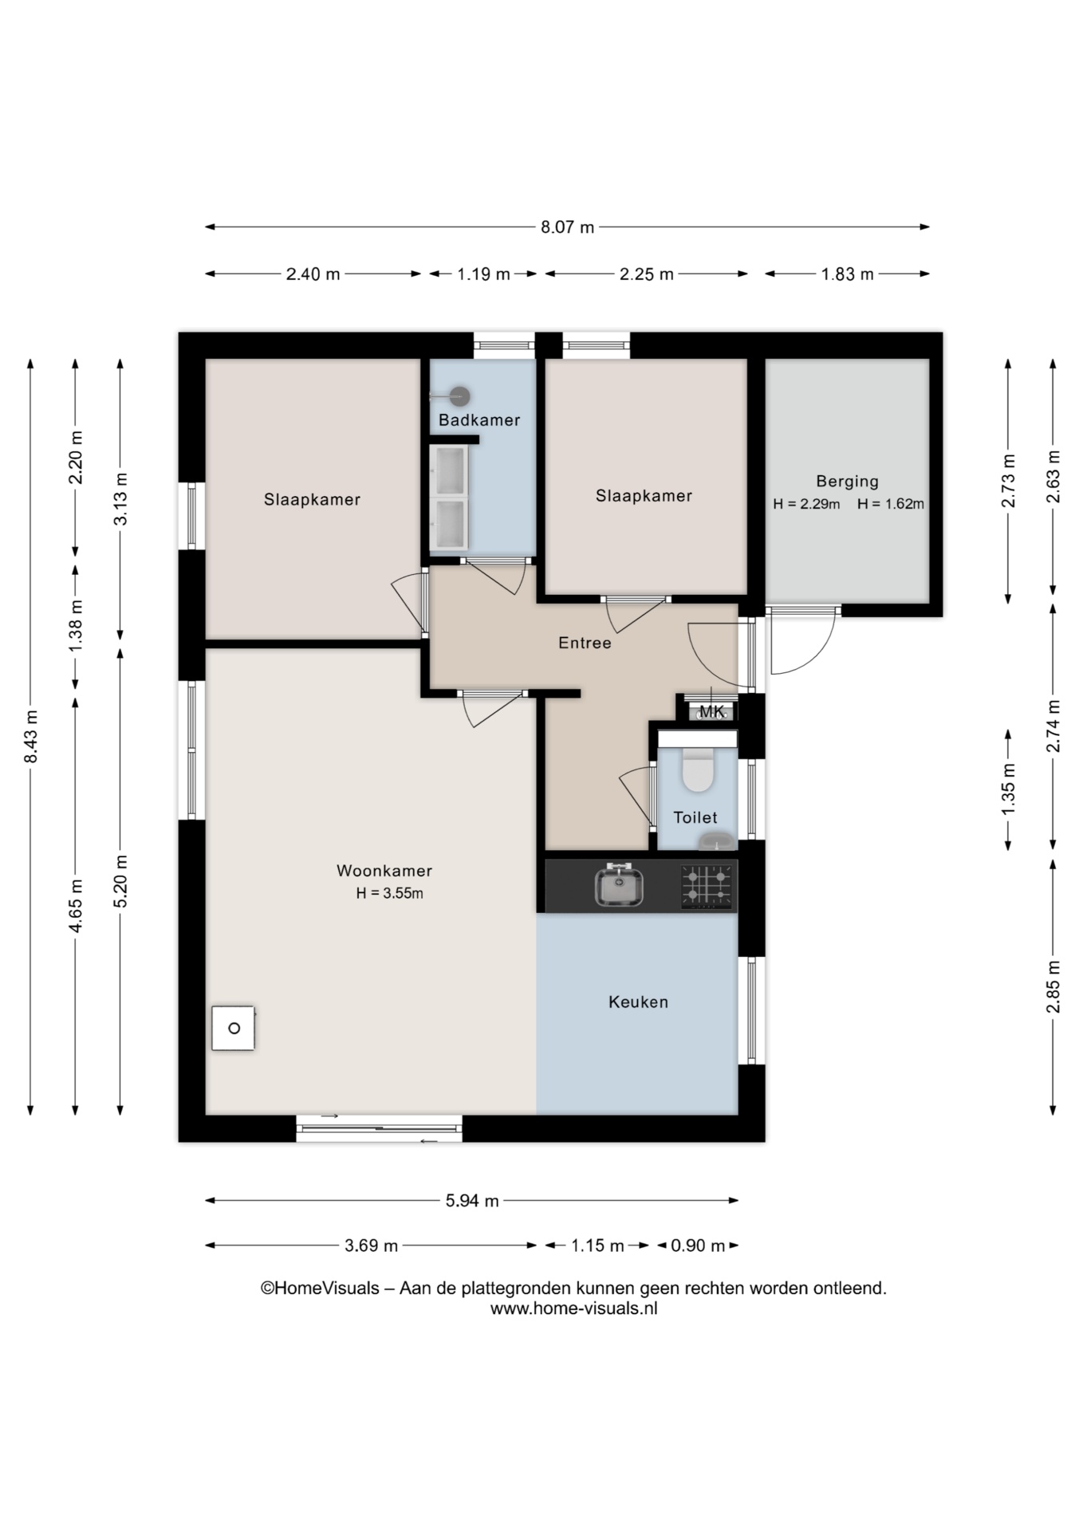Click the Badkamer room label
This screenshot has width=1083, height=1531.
478,419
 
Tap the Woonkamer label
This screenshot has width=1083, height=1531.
384,871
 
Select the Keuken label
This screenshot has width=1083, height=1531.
638,1002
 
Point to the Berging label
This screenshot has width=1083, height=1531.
847,482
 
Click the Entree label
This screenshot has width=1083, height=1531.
585,643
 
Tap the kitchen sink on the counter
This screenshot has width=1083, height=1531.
620,885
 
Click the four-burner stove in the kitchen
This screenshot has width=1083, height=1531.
707,887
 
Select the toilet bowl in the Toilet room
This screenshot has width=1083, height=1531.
698,769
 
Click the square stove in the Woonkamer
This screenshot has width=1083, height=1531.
234,1028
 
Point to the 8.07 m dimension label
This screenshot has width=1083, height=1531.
567,227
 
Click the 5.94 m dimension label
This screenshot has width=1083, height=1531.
472,1201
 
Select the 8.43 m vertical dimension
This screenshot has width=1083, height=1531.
31,736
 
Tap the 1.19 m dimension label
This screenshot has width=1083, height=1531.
483,274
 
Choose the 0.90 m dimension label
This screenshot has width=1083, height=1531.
698,1246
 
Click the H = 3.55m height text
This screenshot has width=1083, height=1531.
389,893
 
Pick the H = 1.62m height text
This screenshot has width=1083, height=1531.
891,504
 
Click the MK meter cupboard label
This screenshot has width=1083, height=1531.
711,710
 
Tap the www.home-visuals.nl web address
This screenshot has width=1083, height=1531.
573,1309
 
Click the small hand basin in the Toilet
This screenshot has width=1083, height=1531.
715,840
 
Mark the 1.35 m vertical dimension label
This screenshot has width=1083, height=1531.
1008,789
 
